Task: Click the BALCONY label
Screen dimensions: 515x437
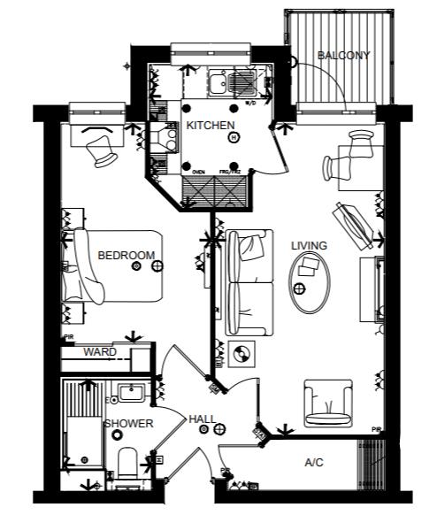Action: pos(344,56)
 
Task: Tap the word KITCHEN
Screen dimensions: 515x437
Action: pos(210,126)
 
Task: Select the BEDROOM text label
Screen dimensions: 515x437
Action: pos(126,256)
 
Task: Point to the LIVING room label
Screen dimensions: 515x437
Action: pos(309,245)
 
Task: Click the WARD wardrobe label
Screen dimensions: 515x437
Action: pos(99,352)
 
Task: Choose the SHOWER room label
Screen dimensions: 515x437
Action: pos(128,424)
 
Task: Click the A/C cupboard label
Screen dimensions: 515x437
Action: pos(314,462)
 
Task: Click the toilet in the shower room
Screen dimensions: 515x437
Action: pos(128,466)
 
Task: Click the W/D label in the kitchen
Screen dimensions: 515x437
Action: pos(250,104)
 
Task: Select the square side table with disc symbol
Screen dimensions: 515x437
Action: pos(241,356)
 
